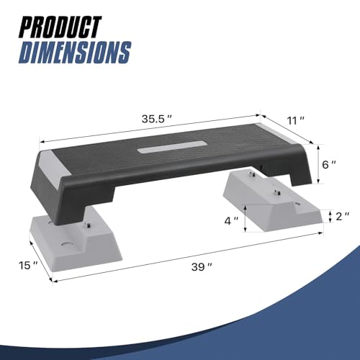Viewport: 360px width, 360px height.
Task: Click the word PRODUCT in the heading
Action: pyautogui.click(x=60, y=27)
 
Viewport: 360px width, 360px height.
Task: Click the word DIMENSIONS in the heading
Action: pyautogui.click(x=75, y=53)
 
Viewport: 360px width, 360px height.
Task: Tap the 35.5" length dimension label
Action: pyautogui.click(x=157, y=119)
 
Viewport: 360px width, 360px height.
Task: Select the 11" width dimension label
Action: pyautogui.click(x=296, y=120)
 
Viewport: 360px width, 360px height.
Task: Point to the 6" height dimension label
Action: pyautogui.click(x=329, y=165)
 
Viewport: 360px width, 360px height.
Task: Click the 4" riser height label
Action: pyautogui.click(x=231, y=221)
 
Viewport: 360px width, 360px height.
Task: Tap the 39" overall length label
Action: pyautogui.click(x=202, y=267)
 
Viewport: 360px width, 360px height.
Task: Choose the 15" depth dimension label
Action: pyautogui.click(x=28, y=266)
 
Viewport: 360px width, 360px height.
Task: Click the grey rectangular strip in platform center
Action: pyautogui.click(x=172, y=147)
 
